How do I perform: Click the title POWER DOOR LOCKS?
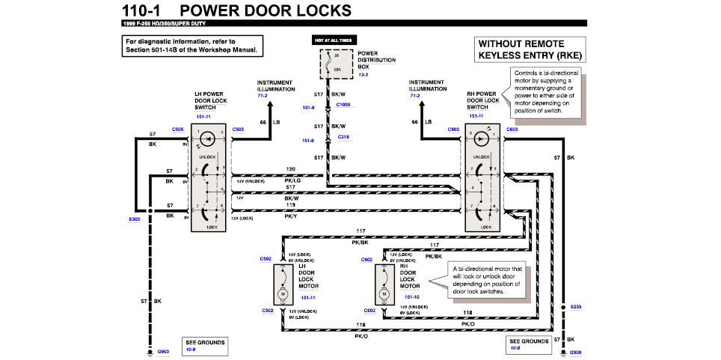point(266,10)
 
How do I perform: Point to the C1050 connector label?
point(343,105)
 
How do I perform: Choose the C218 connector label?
point(343,137)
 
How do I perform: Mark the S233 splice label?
point(574,307)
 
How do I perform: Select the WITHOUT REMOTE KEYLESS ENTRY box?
point(530,49)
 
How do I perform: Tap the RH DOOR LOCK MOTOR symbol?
point(384,285)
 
